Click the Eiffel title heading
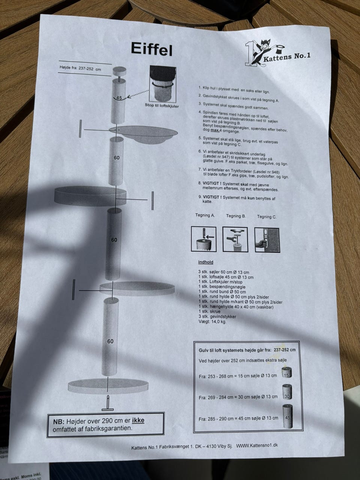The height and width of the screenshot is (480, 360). [x=152, y=49]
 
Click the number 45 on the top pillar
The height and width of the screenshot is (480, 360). [x=119, y=98]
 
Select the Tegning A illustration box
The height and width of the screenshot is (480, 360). [x=204, y=239]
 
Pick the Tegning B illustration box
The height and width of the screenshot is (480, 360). [x=235, y=240]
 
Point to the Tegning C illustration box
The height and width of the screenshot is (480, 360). [x=267, y=240]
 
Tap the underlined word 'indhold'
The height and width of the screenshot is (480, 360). [x=205, y=262]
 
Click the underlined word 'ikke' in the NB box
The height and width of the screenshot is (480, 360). [x=138, y=420]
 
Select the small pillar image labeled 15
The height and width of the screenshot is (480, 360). [x=287, y=372]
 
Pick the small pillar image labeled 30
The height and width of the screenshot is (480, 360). [x=287, y=392]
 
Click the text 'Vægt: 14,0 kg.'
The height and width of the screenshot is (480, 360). [x=212, y=322]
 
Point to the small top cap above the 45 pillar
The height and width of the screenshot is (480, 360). [x=119, y=71]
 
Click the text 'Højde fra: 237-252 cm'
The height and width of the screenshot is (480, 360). [x=80, y=69]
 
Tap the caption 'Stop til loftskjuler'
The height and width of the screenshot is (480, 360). [x=162, y=106]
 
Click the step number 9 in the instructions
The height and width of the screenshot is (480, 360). [x=200, y=197]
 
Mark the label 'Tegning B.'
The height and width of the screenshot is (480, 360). [x=236, y=216]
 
